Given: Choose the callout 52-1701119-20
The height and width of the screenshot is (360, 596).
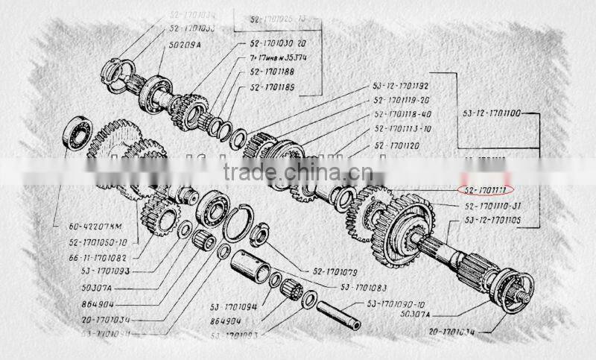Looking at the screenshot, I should point(402,100).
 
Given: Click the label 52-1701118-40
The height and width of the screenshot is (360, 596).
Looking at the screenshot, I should point(402,114).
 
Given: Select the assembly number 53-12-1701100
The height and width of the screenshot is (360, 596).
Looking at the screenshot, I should point(492,114).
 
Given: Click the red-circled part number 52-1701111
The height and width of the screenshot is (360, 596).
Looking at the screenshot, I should point(485,189).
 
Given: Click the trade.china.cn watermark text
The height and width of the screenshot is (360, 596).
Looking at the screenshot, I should point(298,172).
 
